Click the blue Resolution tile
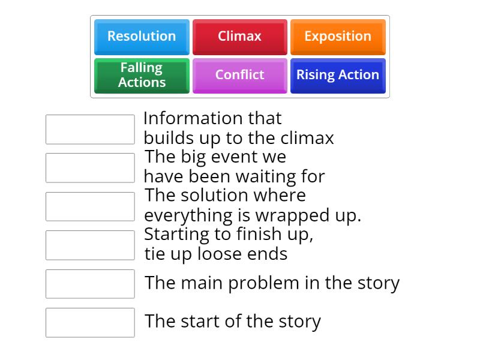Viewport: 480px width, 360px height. click(142, 37)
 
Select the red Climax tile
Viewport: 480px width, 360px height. click(239, 37)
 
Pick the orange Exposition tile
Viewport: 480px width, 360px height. click(338, 37)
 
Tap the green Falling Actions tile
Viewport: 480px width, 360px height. click(142, 76)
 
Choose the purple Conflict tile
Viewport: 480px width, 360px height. click(239, 76)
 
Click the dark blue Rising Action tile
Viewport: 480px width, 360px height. click(338, 76)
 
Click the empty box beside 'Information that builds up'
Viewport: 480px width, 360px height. click(90, 130)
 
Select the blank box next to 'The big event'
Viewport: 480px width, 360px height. click(90, 168)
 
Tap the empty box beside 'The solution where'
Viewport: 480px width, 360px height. click(90, 206)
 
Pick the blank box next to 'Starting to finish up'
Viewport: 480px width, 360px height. click(90, 245)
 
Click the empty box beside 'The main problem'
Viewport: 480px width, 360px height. click(90, 284)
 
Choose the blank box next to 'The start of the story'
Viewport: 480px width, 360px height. click(90, 323)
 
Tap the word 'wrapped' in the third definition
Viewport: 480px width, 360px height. click(293, 216)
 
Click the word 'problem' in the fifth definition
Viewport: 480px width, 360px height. click(263, 283)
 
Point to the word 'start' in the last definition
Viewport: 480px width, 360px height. click(200, 322)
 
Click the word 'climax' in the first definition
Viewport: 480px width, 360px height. click(307, 138)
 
